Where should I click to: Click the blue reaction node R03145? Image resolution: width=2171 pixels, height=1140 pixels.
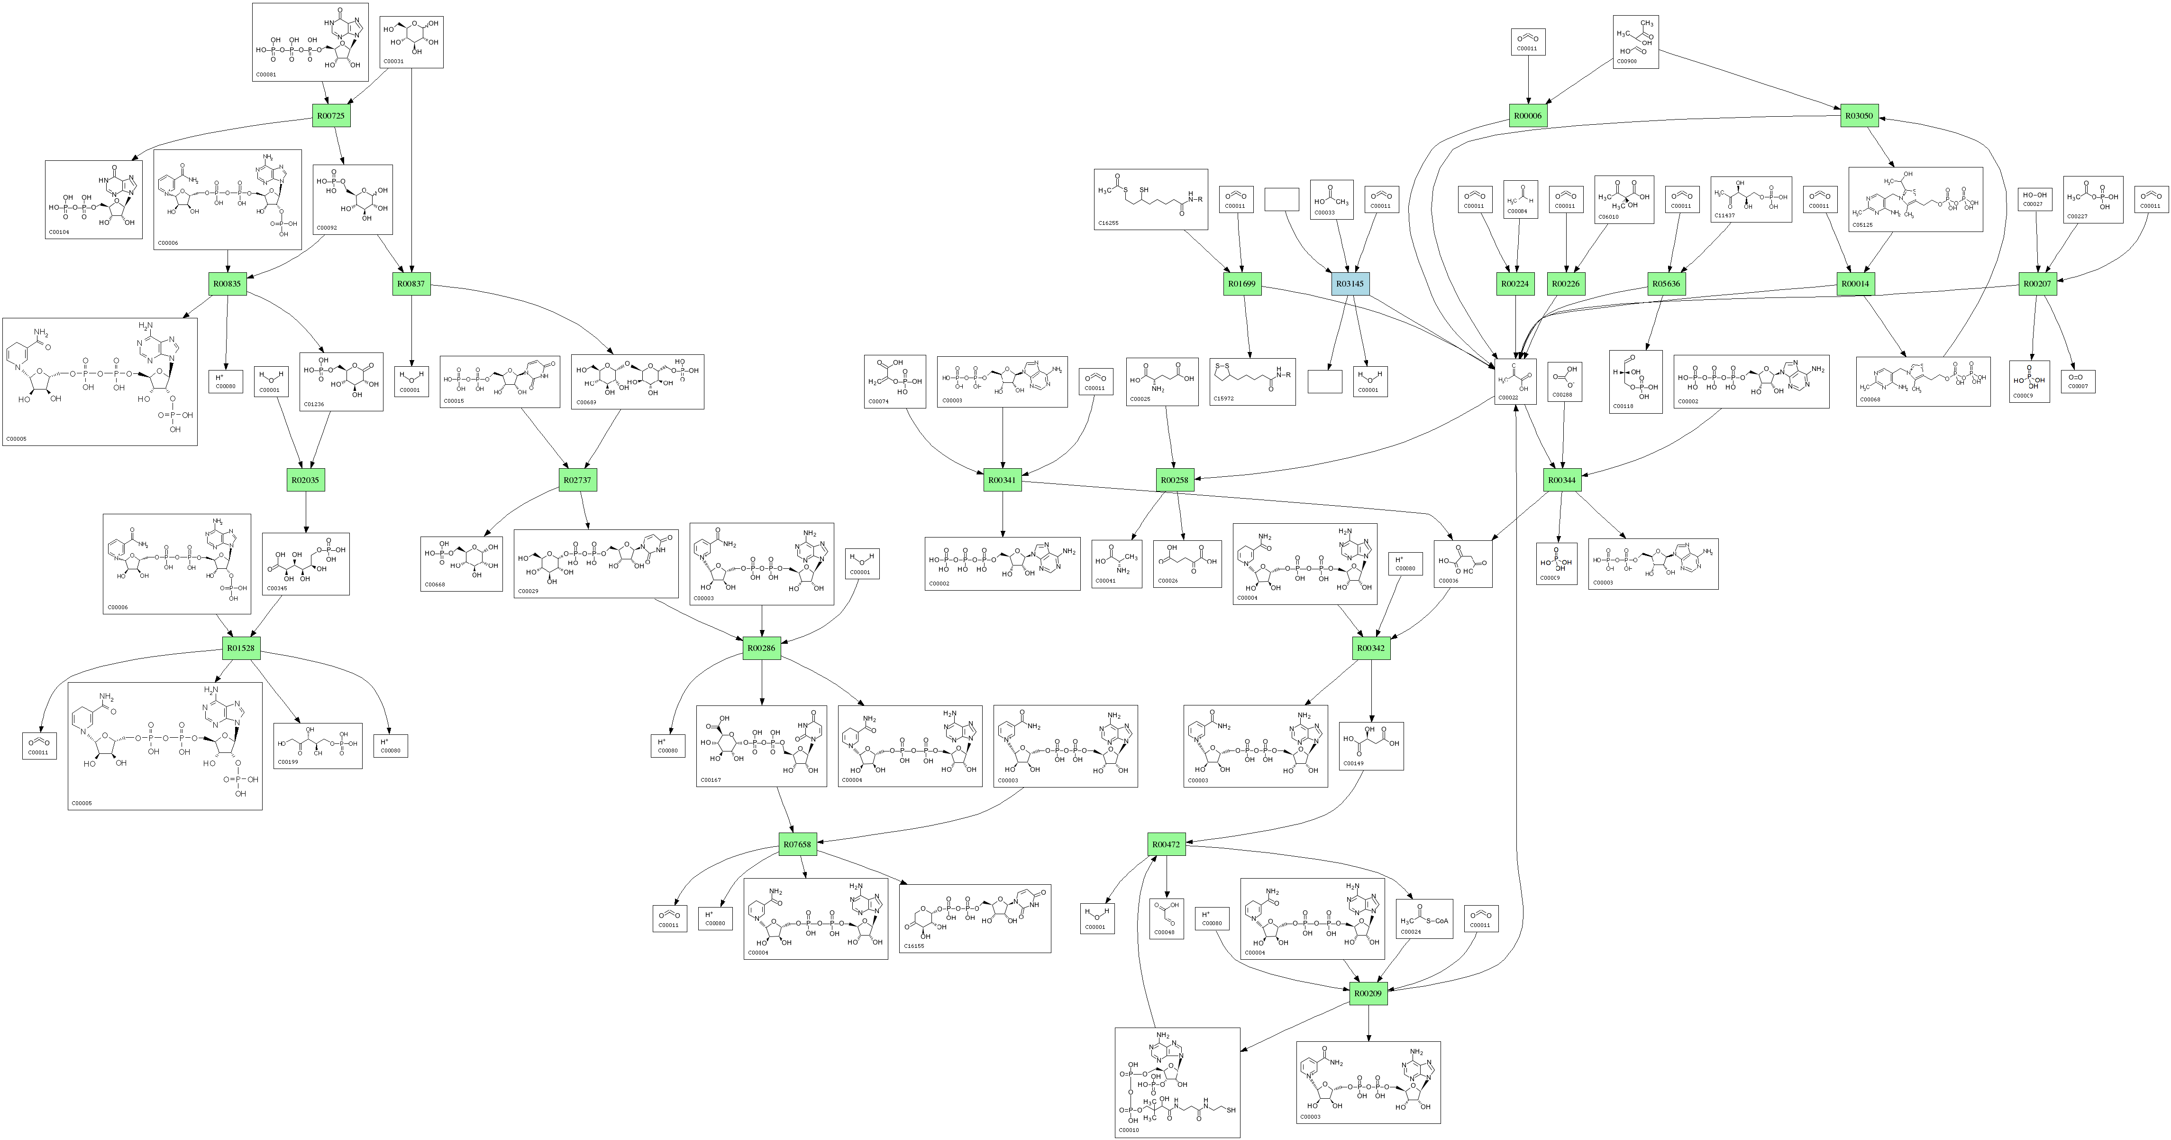[1350, 284]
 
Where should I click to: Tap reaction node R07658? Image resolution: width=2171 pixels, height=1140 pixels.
[797, 844]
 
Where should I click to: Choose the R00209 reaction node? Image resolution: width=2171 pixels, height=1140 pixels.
[1368, 993]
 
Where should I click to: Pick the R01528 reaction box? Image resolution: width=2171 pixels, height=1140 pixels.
[241, 649]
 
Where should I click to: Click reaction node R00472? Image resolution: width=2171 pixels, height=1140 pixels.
[1167, 844]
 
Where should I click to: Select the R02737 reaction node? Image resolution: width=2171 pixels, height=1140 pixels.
[578, 480]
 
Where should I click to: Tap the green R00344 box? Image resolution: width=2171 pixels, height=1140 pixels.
[1562, 480]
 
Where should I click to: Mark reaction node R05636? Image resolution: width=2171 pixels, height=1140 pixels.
[1666, 284]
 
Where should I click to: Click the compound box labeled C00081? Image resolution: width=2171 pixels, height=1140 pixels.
[310, 42]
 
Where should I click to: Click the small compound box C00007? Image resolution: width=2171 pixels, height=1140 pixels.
[2078, 382]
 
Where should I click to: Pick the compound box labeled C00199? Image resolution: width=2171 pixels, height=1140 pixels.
[318, 745]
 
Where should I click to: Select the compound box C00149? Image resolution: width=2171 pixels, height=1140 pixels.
[1371, 745]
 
